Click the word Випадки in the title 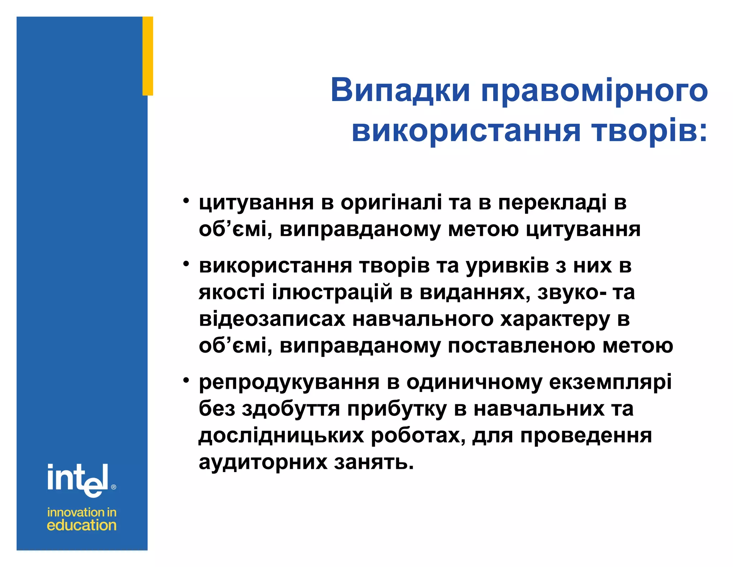[400, 90]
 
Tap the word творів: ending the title [649, 131]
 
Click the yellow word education [82, 525]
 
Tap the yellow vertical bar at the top [148, 56]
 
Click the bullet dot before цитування [185, 201]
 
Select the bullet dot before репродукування [185, 381]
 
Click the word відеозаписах [272, 319]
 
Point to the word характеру [555, 320]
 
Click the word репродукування [289, 383]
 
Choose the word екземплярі [610, 383]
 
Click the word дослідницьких [281, 436]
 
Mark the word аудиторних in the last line [263, 462]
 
